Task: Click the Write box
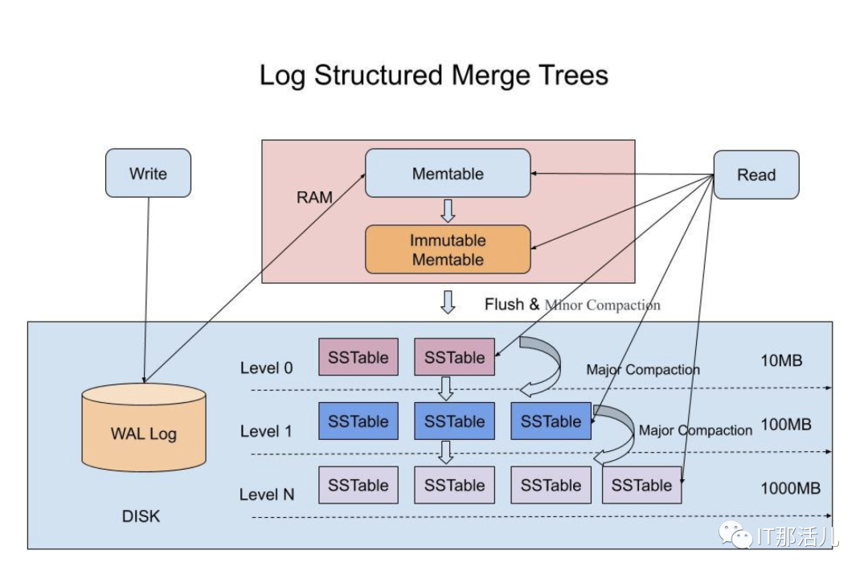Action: coord(148,174)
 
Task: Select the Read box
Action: coord(756,175)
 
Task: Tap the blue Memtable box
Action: coord(448,173)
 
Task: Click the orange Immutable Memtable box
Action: coord(448,249)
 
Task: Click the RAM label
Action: coord(314,197)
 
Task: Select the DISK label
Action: coord(141,516)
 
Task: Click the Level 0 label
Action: coord(267,368)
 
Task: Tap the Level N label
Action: coord(267,495)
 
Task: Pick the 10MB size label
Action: coord(781,360)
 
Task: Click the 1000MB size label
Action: coord(791,488)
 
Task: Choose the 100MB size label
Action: coord(786,424)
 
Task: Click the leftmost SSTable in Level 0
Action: coord(358,357)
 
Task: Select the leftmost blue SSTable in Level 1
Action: coord(358,421)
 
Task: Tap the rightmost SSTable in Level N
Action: coord(641,485)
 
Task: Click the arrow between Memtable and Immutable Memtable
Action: coord(448,211)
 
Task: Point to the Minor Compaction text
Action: coord(602,305)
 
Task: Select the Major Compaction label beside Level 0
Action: coord(643,370)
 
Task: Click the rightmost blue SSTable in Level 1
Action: coord(551,421)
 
